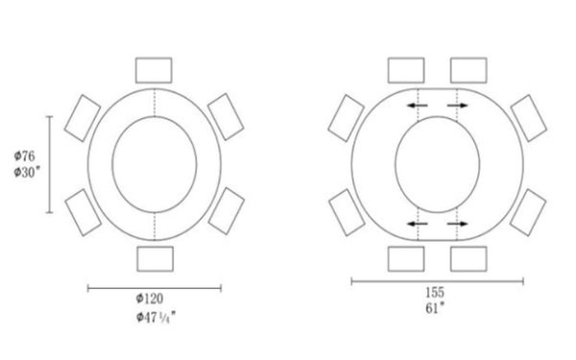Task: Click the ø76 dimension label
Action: [25, 156]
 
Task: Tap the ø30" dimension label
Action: [27, 172]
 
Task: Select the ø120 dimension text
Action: [150, 299]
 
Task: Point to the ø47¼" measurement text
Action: [156, 317]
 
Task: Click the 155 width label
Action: [435, 293]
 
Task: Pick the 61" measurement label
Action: [435, 308]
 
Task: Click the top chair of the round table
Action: [154, 70]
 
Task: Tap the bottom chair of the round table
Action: [155, 259]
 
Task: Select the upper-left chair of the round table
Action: [83, 118]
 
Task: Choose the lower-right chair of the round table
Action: [227, 211]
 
